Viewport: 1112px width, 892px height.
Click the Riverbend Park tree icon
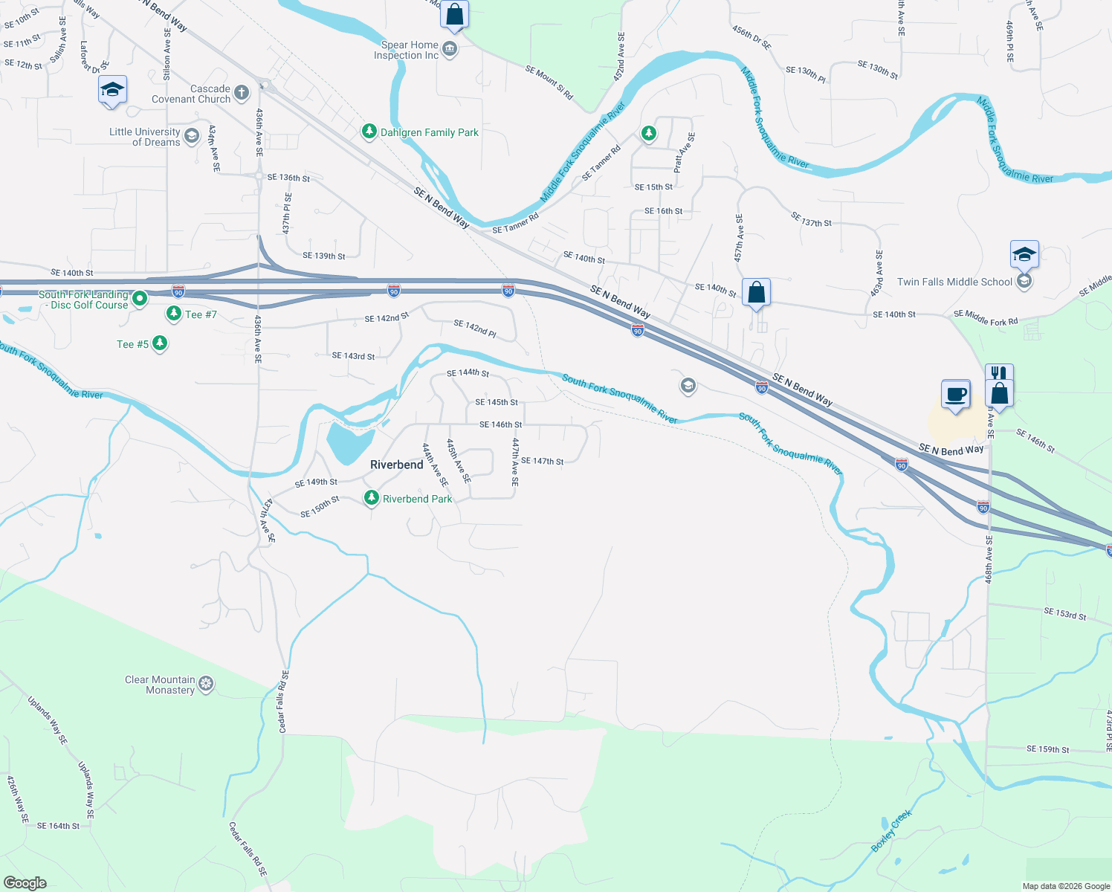pyautogui.click(x=372, y=498)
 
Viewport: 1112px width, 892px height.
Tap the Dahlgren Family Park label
pyautogui.click(x=430, y=132)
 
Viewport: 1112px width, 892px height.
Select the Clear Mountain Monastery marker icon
pyautogui.click(x=207, y=684)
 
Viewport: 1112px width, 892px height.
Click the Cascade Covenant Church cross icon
pyautogui.click(x=241, y=93)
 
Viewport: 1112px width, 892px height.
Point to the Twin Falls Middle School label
pyautogui.click(x=954, y=282)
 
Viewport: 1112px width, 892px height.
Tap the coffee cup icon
pyautogui.click(x=956, y=394)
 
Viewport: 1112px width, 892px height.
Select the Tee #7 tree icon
pyautogui.click(x=174, y=314)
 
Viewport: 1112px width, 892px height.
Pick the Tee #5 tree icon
pyautogui.click(x=160, y=343)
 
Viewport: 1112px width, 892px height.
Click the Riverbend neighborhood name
pyautogui.click(x=397, y=465)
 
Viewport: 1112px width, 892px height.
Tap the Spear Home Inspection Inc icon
pyautogui.click(x=449, y=50)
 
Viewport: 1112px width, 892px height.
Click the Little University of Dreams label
pyautogui.click(x=145, y=137)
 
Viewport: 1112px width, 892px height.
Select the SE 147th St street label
pyautogui.click(x=542, y=461)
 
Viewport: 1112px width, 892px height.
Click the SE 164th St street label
pyautogui.click(x=58, y=826)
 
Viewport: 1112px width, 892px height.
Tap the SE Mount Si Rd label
pyautogui.click(x=549, y=82)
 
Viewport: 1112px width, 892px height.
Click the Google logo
pyautogui.click(x=25, y=883)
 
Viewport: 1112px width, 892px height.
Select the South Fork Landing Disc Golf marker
pyautogui.click(x=140, y=299)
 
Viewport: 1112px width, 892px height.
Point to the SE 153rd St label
pyautogui.click(x=1064, y=614)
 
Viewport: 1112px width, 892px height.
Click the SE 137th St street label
pyautogui.click(x=811, y=219)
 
